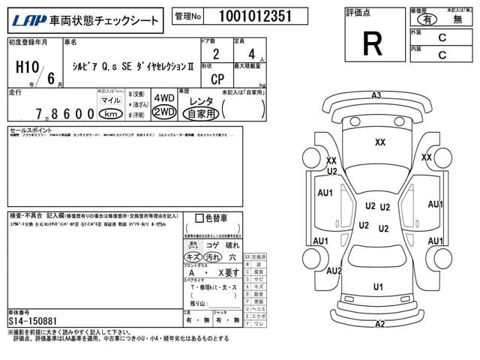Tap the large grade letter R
pos(371,44)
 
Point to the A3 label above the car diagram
pos(376,95)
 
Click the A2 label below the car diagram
pos(379,324)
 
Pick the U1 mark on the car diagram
pos(378,286)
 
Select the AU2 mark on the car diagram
pos(334,271)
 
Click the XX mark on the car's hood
pos(380,142)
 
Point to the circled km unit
pos(111,114)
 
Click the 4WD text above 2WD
pos(163,98)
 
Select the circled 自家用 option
pos(202,114)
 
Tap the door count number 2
pos(217,55)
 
